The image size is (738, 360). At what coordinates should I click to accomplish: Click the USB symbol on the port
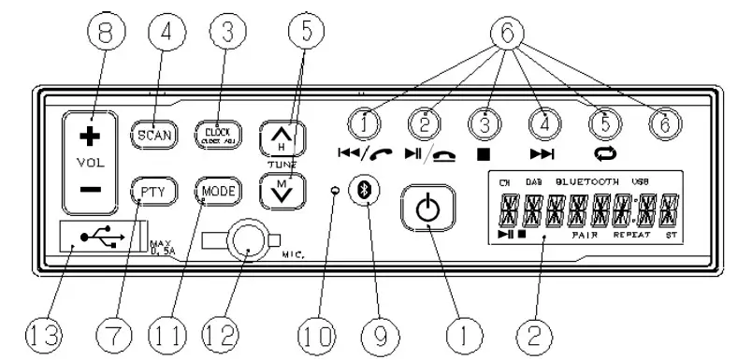[x=99, y=239]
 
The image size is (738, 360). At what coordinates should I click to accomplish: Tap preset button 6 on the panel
[x=660, y=123]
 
